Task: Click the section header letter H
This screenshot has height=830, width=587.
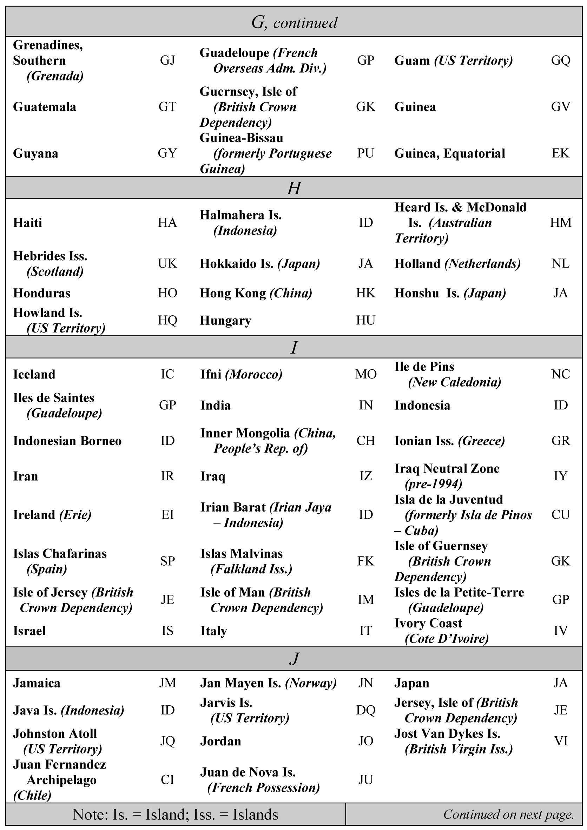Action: pyautogui.click(x=293, y=188)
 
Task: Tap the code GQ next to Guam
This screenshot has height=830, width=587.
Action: pyautogui.click(x=560, y=60)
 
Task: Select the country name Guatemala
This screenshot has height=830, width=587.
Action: pyautogui.click(x=45, y=107)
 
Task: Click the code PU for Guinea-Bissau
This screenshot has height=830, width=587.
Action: pyautogui.click(x=365, y=153)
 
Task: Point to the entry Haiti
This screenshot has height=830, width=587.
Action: pyautogui.click(x=27, y=223)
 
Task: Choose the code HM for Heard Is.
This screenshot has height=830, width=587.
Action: pyautogui.click(x=560, y=223)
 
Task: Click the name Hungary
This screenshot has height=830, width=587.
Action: pyautogui.click(x=225, y=321)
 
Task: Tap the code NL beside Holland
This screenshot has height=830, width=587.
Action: pyautogui.click(x=560, y=264)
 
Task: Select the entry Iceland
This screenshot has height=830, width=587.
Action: pyautogui.click(x=34, y=374)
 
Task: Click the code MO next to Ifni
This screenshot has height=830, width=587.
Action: pyautogui.click(x=365, y=374)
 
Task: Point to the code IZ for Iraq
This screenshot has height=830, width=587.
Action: pyautogui.click(x=365, y=476)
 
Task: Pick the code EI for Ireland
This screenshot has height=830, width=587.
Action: pyautogui.click(x=167, y=514)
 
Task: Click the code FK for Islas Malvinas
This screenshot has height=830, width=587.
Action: pyautogui.click(x=365, y=561)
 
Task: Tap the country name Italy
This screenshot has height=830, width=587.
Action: pyautogui.click(x=213, y=631)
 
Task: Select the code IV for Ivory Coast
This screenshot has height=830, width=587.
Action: pyautogui.click(x=560, y=631)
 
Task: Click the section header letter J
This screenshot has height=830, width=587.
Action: pyautogui.click(x=293, y=659)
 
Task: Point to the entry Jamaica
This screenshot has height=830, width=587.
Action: pyautogui.click(x=37, y=683)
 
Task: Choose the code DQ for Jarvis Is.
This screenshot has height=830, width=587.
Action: pyautogui.click(x=365, y=710)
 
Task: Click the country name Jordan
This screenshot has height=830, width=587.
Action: pyautogui.click(x=220, y=741)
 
